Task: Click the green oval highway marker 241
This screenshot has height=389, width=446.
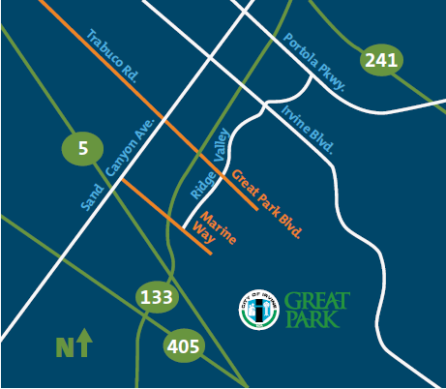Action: pyautogui.click(x=380, y=62)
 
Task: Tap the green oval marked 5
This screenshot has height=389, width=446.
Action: pyautogui.click(x=82, y=148)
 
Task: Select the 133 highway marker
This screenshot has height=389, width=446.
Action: pyautogui.click(x=155, y=296)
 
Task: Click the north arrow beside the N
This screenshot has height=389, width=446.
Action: pyautogui.click(x=84, y=342)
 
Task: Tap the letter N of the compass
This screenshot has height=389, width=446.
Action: pyautogui.click(x=65, y=344)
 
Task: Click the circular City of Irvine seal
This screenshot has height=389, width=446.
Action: pyautogui.click(x=257, y=309)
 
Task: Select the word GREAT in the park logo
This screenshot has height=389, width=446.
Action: pyautogui.click(x=317, y=300)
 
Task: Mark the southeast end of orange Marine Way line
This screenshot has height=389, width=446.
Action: pyautogui.click(x=210, y=254)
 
